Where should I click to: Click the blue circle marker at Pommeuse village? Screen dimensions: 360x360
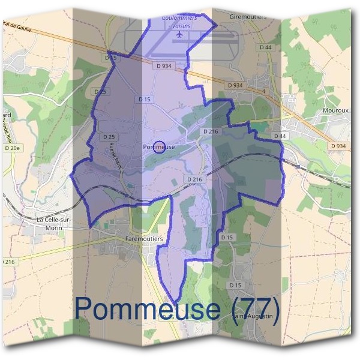click(x=159, y=146)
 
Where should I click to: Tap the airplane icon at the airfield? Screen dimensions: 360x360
click(x=179, y=35)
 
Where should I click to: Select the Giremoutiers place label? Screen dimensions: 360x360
click(x=248, y=17)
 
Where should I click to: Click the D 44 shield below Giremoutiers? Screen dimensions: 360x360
click(x=265, y=47)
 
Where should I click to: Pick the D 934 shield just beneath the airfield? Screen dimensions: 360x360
click(x=162, y=66)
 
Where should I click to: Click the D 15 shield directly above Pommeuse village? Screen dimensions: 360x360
click(x=145, y=99)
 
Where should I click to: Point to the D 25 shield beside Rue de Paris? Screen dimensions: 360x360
click(x=109, y=137)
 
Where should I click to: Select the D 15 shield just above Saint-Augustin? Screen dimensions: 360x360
click(x=236, y=284)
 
